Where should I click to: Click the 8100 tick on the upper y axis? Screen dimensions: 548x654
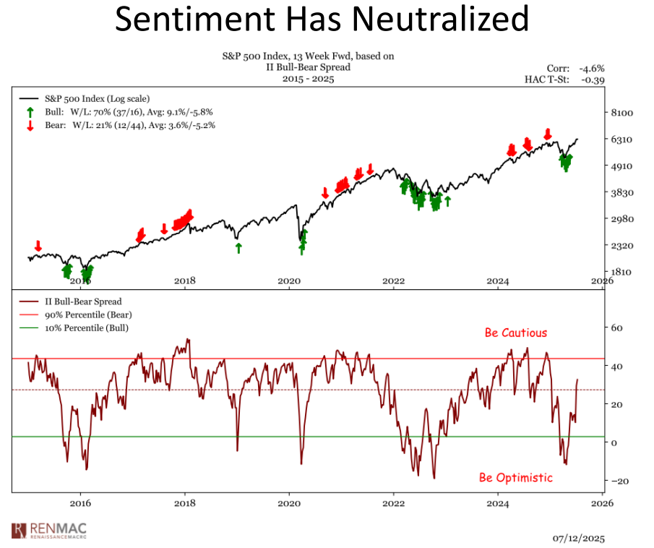(x=622, y=113)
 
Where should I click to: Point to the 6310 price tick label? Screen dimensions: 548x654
(x=622, y=140)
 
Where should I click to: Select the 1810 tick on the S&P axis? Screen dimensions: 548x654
(x=622, y=272)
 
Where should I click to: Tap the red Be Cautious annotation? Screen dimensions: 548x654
(x=516, y=333)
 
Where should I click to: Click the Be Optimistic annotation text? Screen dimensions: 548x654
(x=516, y=478)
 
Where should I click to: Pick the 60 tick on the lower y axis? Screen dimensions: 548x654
(x=616, y=327)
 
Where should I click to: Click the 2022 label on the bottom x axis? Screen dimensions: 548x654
(x=393, y=501)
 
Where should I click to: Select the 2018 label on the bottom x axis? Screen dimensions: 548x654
(x=185, y=501)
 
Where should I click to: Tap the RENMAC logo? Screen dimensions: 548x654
(x=55, y=530)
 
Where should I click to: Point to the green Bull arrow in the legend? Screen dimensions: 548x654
(x=30, y=112)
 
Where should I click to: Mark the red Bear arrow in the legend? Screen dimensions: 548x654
(x=30, y=125)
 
